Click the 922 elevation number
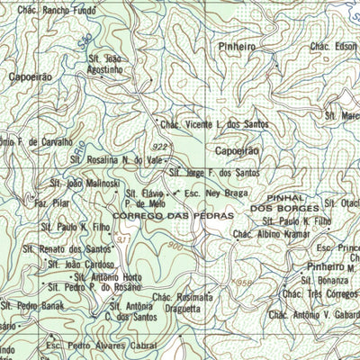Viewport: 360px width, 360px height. [159, 146]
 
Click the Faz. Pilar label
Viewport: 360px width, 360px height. [52, 204]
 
